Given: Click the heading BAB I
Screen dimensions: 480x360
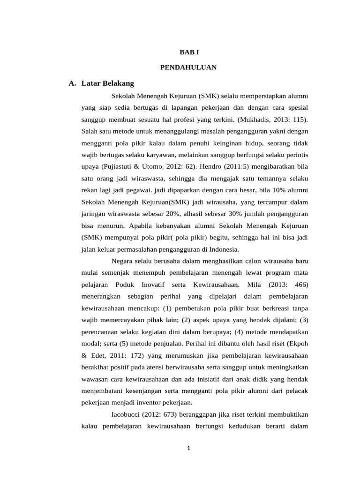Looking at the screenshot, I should (189, 53).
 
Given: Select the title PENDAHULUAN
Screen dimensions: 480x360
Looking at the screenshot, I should (188, 67).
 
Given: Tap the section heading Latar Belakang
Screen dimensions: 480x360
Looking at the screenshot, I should (107, 83).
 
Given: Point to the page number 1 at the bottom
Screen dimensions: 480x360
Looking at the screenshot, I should (188, 448).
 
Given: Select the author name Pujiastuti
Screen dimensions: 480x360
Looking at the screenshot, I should (124, 166).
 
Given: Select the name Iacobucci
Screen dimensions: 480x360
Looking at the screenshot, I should (128, 414).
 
